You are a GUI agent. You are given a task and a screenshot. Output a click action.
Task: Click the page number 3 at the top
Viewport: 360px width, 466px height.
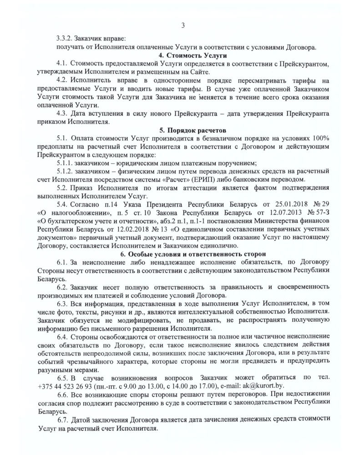182,25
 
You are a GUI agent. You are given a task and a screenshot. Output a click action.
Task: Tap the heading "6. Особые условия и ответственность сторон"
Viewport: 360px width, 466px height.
182,253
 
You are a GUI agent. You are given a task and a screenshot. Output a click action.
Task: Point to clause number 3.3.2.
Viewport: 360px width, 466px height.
65,39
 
